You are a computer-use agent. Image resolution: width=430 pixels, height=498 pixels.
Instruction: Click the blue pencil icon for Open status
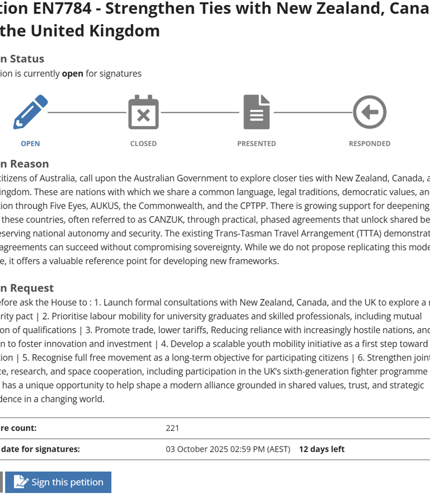[x=30, y=112]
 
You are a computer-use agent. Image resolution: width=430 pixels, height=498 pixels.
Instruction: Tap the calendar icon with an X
[x=143, y=112]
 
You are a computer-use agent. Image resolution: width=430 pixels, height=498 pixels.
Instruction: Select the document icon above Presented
[x=256, y=112]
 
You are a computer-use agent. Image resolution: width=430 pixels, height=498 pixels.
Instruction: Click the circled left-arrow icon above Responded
[x=370, y=112]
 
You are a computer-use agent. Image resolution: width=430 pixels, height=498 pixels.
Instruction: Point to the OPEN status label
[x=30, y=144]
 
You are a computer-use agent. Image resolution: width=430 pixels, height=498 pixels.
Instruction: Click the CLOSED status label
[x=143, y=144]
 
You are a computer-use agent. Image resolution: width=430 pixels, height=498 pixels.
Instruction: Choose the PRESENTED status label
[x=256, y=144]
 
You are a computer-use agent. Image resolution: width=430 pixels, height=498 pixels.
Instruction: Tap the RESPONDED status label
[x=370, y=144]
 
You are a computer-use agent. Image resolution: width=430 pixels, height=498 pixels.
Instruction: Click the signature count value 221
[x=172, y=428]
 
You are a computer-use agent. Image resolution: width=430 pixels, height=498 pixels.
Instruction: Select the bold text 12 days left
[x=321, y=449]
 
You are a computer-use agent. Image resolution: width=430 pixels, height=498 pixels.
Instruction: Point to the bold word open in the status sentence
[x=72, y=74]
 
